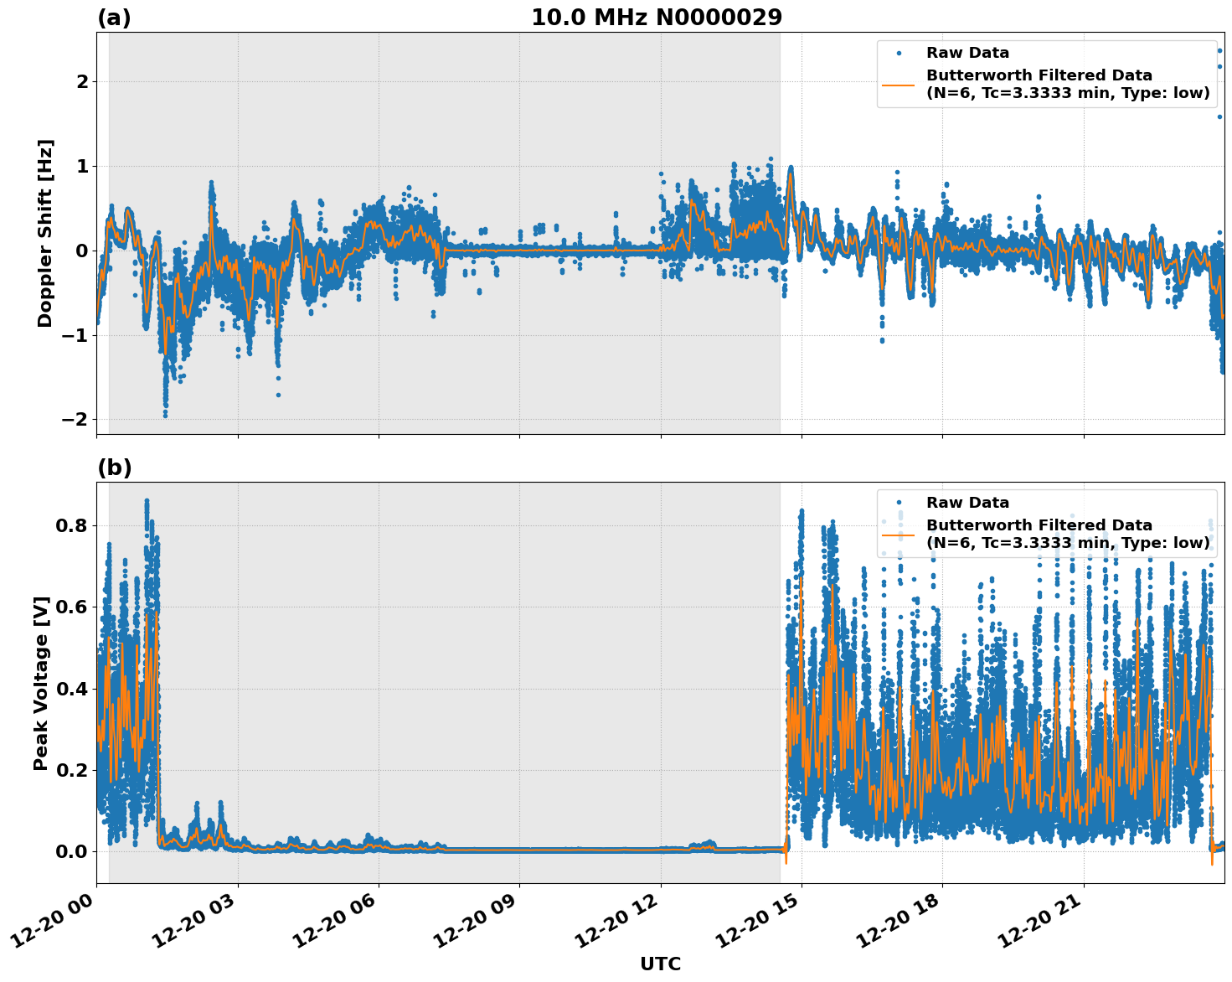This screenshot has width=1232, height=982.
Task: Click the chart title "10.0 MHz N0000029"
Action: point(657,18)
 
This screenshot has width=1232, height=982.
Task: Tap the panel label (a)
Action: point(114,18)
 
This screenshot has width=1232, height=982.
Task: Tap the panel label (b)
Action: point(114,468)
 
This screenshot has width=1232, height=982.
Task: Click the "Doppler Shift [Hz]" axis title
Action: point(45,233)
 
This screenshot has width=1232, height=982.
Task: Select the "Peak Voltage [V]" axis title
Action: point(41,683)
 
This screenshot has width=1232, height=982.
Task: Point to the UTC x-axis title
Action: point(660,964)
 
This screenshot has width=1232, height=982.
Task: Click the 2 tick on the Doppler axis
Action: point(82,81)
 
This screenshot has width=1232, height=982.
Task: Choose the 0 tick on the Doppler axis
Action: point(82,251)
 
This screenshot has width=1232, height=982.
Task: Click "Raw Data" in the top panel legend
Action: point(967,53)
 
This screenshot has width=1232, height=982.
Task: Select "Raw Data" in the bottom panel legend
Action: point(967,503)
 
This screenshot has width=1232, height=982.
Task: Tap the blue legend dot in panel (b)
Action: point(898,503)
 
